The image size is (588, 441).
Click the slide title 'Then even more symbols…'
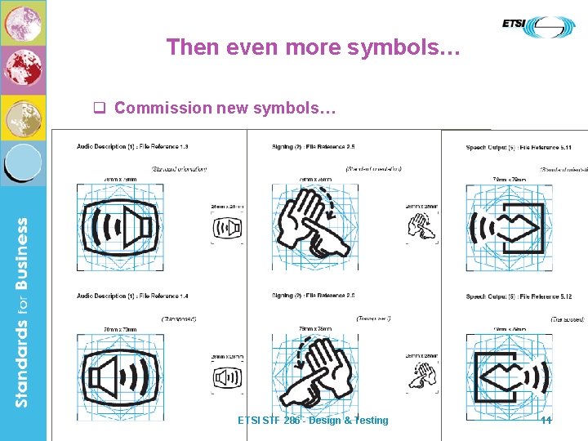tap(314, 47)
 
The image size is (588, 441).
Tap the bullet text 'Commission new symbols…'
tap(225, 108)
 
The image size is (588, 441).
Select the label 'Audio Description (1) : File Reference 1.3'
tap(133, 147)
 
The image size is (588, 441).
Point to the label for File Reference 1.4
tap(133, 296)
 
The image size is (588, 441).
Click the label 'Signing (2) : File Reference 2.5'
tap(314, 147)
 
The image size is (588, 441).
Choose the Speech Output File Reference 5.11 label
tap(519, 147)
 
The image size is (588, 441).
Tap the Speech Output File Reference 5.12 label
tap(519, 296)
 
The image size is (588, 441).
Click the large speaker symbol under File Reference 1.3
tap(120, 226)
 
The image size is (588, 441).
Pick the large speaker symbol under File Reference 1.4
tap(120, 376)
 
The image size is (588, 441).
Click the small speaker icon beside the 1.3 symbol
tap(227, 230)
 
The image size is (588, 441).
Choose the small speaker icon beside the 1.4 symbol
tap(227, 378)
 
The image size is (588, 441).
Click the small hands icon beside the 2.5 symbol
tap(421, 229)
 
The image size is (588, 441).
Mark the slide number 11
tap(546, 420)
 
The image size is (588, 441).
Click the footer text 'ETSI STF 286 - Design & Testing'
tap(313, 420)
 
